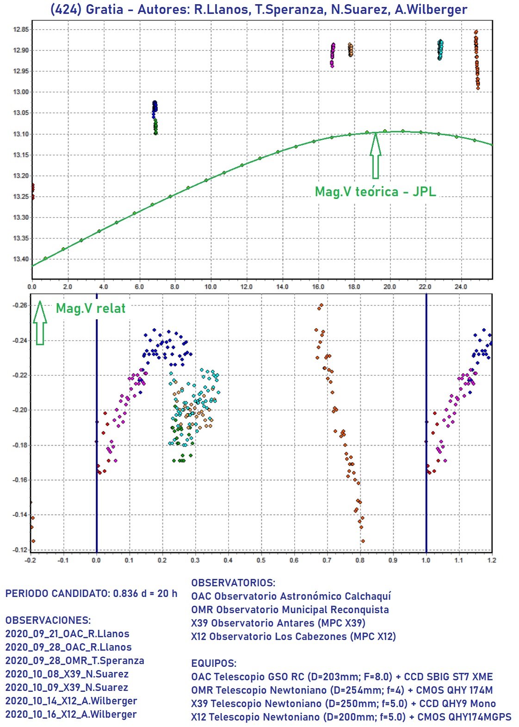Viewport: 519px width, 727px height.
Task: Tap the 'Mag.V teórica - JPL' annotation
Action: click(x=375, y=192)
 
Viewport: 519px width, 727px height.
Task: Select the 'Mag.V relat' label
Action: click(x=91, y=308)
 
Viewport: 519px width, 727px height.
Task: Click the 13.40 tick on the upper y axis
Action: click(x=21, y=259)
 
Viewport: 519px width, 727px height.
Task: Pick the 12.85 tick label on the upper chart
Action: click(x=21, y=30)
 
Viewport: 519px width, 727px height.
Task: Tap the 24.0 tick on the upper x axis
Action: click(x=461, y=287)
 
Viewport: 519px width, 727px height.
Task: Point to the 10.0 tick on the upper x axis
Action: click(x=210, y=287)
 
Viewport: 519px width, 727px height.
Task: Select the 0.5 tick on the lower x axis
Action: click(x=261, y=560)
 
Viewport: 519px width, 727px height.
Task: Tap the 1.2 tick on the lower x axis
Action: click(x=492, y=560)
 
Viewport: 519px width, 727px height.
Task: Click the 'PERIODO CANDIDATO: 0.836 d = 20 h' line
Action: click(x=91, y=594)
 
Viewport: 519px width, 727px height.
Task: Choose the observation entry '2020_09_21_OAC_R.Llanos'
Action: click(x=67, y=634)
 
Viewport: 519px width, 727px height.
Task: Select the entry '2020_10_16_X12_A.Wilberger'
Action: click(x=71, y=715)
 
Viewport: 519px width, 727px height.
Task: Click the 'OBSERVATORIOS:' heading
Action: click(x=233, y=583)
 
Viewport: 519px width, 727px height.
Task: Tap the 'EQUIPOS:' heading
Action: click(x=214, y=663)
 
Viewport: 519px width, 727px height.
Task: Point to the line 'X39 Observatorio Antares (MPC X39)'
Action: click(x=278, y=623)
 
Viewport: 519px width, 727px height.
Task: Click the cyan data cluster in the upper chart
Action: click(x=440, y=50)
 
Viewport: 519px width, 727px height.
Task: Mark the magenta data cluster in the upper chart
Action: click(x=333, y=55)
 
